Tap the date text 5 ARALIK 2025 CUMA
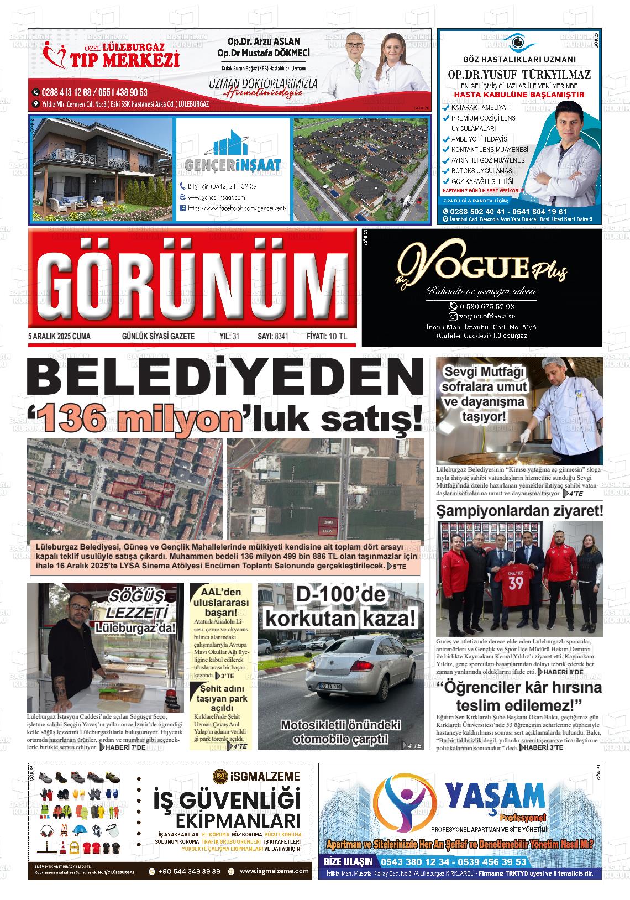point(59,337)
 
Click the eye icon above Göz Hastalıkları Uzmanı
point(518,43)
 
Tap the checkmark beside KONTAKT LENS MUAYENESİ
point(446,150)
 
